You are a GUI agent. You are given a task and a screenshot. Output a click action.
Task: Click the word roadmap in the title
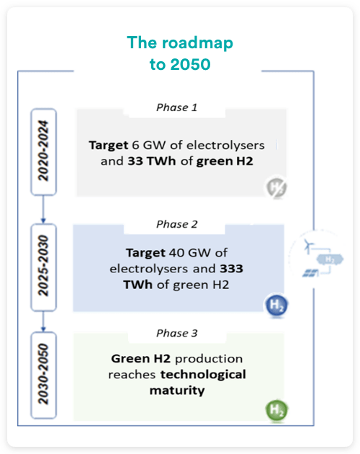tap(197, 43)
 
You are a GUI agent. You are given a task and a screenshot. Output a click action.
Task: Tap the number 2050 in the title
tap(190, 64)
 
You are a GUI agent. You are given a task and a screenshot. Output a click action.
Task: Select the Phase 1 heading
tap(177, 107)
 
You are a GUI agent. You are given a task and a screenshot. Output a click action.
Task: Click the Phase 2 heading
tap(177, 224)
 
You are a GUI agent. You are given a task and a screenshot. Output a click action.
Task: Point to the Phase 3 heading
tap(177, 333)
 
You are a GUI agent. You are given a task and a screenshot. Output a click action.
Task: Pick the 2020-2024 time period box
tap(43, 152)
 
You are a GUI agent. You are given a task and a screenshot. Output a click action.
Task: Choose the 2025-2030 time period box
tap(43, 267)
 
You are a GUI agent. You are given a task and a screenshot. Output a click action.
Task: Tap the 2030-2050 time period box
tap(43, 375)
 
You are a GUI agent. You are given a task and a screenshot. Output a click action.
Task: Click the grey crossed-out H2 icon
tap(276, 187)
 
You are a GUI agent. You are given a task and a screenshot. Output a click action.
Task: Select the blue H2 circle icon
tap(276, 305)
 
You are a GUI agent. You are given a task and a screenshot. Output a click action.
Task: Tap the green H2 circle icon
tap(276, 410)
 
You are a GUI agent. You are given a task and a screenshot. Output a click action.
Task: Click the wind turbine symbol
tap(308, 246)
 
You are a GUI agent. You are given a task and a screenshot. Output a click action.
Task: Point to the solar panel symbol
tap(310, 273)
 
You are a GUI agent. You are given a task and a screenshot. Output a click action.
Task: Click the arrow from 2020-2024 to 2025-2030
tap(43, 209)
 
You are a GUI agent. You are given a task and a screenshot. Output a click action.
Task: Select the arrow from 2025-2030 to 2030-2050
tap(43, 321)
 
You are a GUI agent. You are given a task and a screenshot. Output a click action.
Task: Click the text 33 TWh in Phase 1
tap(152, 161)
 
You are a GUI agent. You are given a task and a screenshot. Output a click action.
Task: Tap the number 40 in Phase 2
tap(176, 253)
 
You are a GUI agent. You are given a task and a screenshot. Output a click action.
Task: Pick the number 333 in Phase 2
tap(231, 269)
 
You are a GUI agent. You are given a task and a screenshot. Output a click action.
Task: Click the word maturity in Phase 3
tap(177, 391)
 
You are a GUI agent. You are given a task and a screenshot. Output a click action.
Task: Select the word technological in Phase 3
tap(203, 375)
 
